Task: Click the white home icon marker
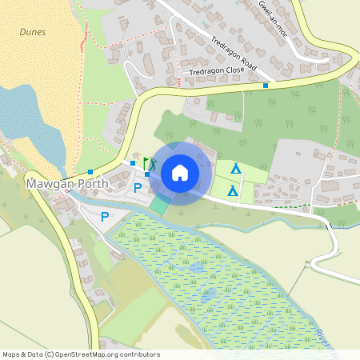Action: point(180,173)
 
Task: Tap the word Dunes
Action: point(33,33)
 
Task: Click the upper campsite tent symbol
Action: point(235,169)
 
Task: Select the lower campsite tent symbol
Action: point(232,190)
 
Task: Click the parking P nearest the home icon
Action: point(138,189)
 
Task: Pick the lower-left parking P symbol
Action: point(105,217)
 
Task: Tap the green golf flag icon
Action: point(148,162)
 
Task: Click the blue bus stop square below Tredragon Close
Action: point(266,85)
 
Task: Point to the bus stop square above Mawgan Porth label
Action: point(90,171)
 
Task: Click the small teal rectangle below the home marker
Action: point(160,205)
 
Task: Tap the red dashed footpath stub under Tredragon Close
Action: point(175,81)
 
